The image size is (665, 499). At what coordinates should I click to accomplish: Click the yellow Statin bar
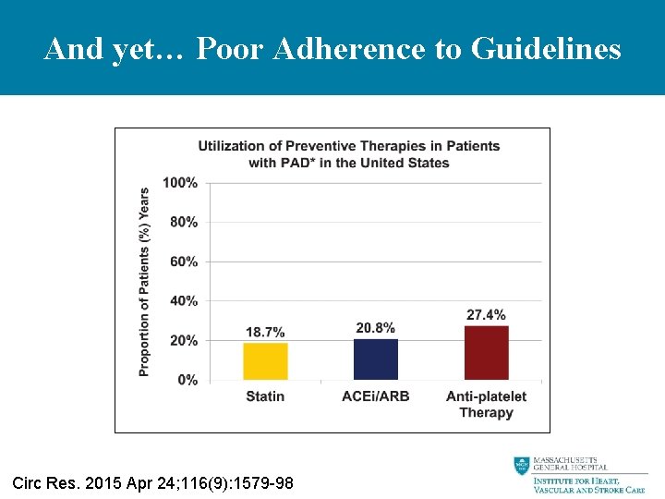[x=265, y=361]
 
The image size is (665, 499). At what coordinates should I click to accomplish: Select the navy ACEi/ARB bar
[x=376, y=359]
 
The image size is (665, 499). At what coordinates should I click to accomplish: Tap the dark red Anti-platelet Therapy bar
[x=486, y=353]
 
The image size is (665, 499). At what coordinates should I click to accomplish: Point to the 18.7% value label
[x=265, y=332]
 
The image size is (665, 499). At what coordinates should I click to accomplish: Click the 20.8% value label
[x=376, y=328]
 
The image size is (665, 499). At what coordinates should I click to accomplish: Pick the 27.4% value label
[x=486, y=315]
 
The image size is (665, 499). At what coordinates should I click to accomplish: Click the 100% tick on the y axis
[x=180, y=183]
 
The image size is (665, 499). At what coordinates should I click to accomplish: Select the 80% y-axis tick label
[x=184, y=222]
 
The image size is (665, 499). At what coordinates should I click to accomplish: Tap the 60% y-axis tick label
[x=184, y=262]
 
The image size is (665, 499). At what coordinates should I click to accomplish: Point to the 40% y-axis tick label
[x=184, y=301]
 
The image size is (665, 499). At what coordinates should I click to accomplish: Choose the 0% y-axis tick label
[x=187, y=380]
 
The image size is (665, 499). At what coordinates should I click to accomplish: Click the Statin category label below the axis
[x=265, y=396]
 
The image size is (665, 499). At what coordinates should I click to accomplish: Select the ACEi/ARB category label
[x=376, y=396]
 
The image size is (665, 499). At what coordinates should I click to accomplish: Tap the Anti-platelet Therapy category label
[x=486, y=405]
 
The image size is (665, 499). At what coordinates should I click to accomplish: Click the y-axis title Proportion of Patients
[x=144, y=282]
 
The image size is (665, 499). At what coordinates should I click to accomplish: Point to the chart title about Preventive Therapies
[x=349, y=154]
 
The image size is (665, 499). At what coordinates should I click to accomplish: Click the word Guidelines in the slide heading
[x=546, y=48]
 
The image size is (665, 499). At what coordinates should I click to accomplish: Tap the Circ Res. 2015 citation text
[x=152, y=482]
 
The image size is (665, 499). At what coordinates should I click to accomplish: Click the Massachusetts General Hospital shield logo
[x=522, y=467]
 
